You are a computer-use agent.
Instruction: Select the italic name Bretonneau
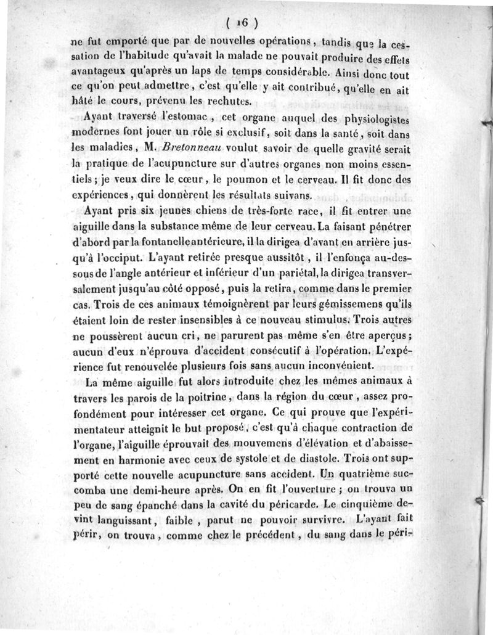pyautogui.click(x=184, y=148)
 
